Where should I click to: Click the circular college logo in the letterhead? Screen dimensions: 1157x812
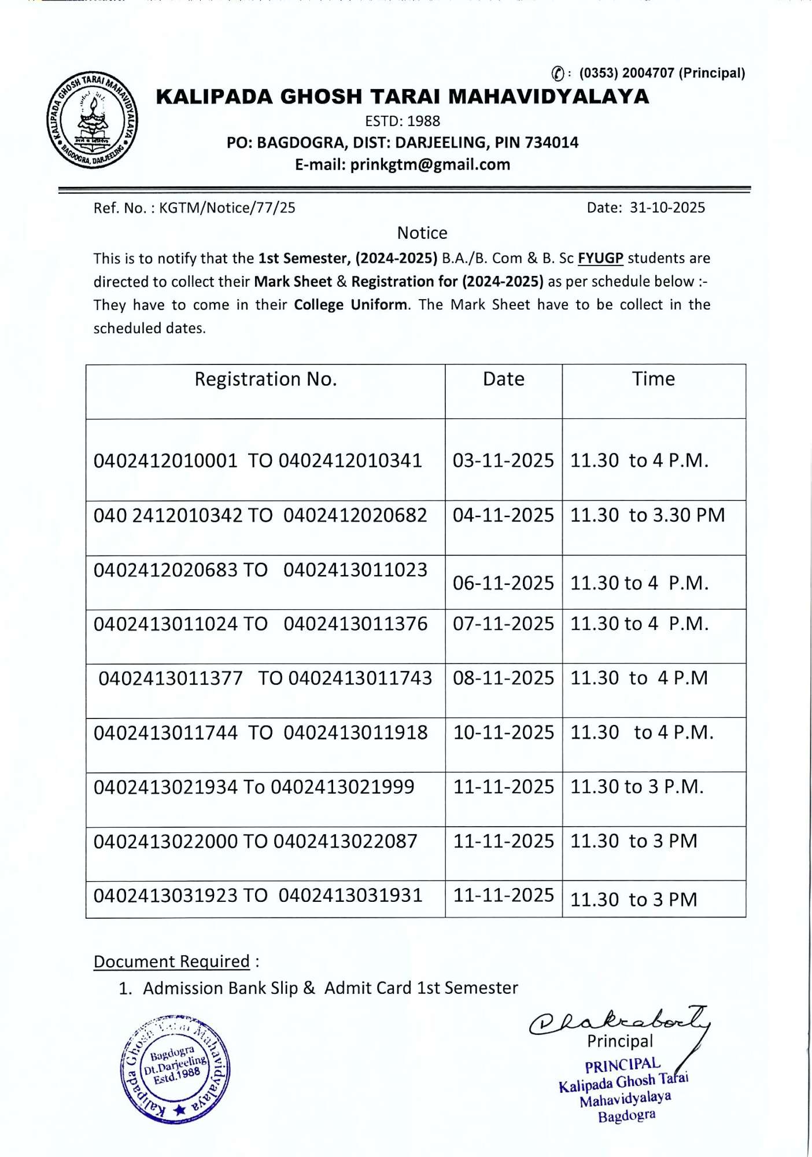coord(92,120)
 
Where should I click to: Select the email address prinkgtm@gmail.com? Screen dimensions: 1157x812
coord(430,165)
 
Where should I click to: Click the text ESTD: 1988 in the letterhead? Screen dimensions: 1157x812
coord(402,121)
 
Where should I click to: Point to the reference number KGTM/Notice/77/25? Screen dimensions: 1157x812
coord(227,208)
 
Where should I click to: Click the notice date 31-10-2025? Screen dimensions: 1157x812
coord(667,208)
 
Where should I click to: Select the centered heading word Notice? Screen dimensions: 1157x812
coord(422,233)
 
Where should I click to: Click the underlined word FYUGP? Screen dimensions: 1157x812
coord(600,258)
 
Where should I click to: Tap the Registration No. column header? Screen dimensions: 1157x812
coord(265,379)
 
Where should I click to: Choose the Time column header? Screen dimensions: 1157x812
coord(653,379)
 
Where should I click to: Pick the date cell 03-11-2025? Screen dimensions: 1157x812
coord(503,460)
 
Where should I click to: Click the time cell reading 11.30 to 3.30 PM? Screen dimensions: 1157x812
coord(647,515)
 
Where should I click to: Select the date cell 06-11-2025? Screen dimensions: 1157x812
coord(503,583)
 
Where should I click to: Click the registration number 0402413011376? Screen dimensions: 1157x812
coord(355,624)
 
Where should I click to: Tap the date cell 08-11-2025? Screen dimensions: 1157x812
coord(503,678)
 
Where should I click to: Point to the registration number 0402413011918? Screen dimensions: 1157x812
coord(355,732)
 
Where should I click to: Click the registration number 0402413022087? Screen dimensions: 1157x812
coord(345,841)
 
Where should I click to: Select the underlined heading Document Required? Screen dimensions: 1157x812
coord(171,961)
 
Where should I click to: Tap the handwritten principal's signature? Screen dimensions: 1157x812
coord(619,1022)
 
